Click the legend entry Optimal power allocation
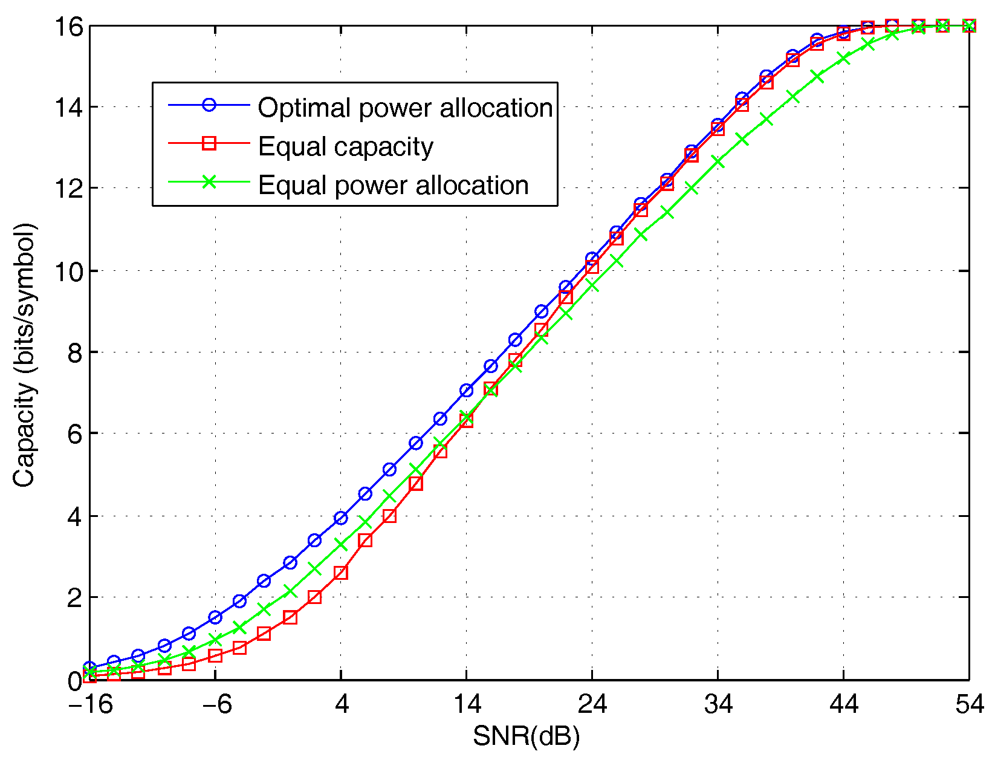[405, 108]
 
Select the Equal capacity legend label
[345, 146]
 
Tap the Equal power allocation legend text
[393, 185]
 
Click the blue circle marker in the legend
[209, 105]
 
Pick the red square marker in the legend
[209, 143]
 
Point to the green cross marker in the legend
[209, 182]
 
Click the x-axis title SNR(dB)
[526, 736]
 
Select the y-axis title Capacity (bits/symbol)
[24, 355]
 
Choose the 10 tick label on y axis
[66, 271]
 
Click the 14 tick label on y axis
[66, 107]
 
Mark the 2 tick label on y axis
[74, 598]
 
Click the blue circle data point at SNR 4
[341, 518]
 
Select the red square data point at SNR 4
[341, 573]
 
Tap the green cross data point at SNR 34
[718, 161]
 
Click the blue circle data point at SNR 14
[466, 391]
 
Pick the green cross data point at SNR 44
[843, 58]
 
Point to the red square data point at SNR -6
[215, 656]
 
